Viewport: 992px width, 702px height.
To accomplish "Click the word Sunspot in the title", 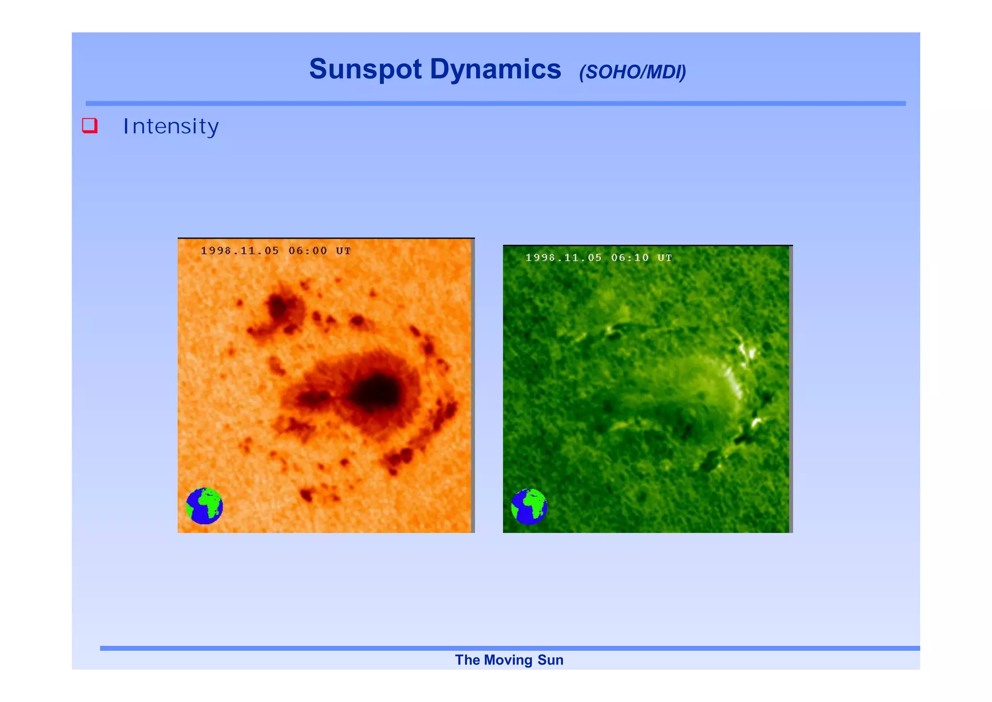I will tap(365, 69).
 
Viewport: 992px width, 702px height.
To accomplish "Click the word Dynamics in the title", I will tap(495, 69).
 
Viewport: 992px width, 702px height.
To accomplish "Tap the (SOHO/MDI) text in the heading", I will tap(632, 72).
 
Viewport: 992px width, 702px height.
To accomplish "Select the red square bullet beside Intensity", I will tap(90, 126).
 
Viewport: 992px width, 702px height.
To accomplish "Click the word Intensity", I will tap(171, 127).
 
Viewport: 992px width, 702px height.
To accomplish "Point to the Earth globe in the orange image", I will tap(204, 506).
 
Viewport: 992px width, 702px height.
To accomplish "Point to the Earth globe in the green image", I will tap(529, 507).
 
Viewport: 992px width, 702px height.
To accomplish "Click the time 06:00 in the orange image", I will tap(308, 251).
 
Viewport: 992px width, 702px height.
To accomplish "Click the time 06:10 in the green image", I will tap(630, 258).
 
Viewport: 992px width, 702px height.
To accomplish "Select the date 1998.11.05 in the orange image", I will tap(240, 251).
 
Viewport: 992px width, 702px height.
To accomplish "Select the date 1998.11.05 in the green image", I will tap(563, 258).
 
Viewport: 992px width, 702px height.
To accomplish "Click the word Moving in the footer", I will tap(508, 660).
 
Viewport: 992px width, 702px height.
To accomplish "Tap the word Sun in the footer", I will tap(550, 660).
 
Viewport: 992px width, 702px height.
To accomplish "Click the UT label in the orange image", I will tap(343, 251).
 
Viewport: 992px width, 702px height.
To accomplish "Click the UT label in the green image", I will tap(665, 258).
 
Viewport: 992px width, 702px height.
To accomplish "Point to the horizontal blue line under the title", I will tap(496, 103).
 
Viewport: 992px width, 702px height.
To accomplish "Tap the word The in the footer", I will tap(467, 660).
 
